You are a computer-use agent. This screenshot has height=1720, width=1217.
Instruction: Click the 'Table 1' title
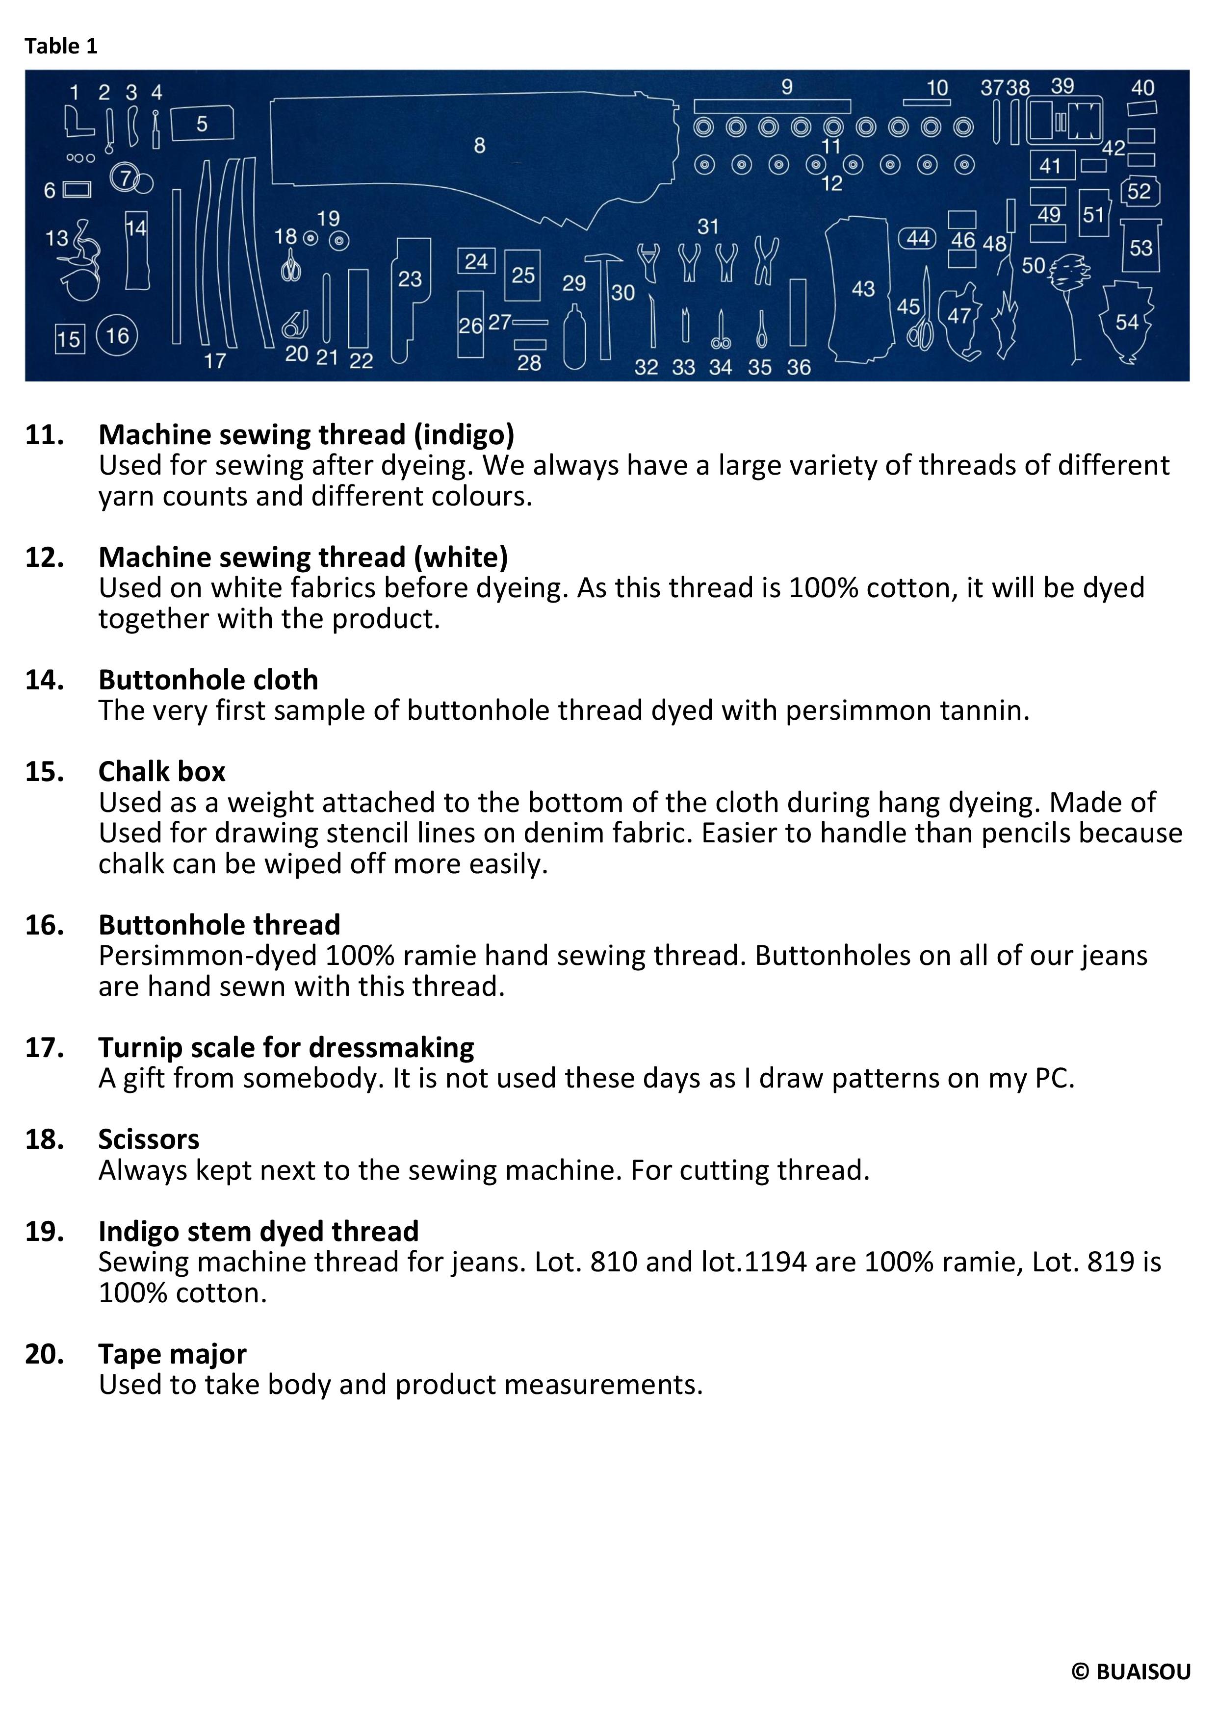pyautogui.click(x=61, y=47)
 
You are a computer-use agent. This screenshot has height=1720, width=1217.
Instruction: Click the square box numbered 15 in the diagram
pyautogui.click(x=70, y=339)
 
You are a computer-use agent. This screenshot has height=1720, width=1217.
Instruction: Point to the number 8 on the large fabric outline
pyautogui.click(x=480, y=145)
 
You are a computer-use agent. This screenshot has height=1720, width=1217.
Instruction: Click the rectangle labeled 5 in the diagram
pyautogui.click(x=202, y=124)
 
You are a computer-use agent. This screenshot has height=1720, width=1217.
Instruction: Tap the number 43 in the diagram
pyautogui.click(x=862, y=288)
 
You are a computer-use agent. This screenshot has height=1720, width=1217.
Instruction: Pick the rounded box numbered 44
pyautogui.click(x=918, y=238)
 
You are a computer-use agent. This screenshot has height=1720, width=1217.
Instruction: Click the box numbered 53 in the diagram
pyautogui.click(x=1140, y=247)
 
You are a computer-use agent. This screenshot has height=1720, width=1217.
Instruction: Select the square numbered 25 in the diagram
pyautogui.click(x=523, y=275)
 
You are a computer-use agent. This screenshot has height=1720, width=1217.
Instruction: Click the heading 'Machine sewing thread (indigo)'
pyautogui.click(x=307, y=434)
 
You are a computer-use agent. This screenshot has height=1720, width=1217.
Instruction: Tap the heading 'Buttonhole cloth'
pyautogui.click(x=208, y=680)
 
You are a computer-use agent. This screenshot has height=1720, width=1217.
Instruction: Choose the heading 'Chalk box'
pyautogui.click(x=162, y=772)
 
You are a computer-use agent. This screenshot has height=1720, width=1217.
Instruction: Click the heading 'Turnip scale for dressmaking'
pyautogui.click(x=286, y=1047)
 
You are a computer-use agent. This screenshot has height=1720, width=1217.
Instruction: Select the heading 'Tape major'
pyautogui.click(x=172, y=1354)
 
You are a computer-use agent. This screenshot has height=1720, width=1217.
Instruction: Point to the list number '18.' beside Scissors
pyautogui.click(x=44, y=1139)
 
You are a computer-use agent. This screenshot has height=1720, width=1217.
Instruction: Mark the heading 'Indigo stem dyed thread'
pyautogui.click(x=259, y=1232)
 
